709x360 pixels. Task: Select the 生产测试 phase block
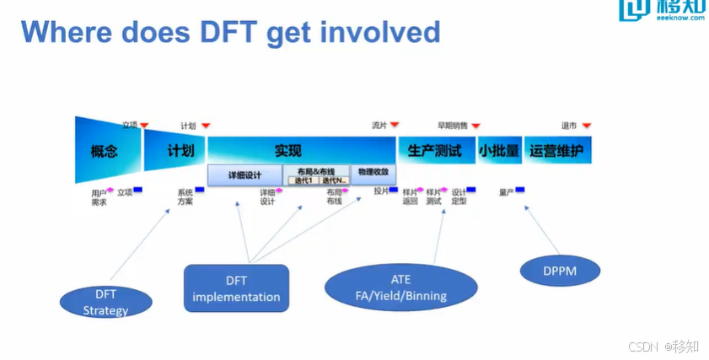point(435,151)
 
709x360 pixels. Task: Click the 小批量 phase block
point(499,151)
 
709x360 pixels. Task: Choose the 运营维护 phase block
point(557,151)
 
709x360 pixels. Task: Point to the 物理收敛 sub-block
point(372,171)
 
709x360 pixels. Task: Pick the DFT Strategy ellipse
point(106,302)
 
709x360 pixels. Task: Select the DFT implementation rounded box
point(236,289)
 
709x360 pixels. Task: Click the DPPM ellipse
point(560,270)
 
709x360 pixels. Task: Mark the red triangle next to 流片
point(394,126)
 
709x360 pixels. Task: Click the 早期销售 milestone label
point(452,126)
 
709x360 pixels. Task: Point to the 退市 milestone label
point(569,126)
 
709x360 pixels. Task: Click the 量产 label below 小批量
point(506,192)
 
